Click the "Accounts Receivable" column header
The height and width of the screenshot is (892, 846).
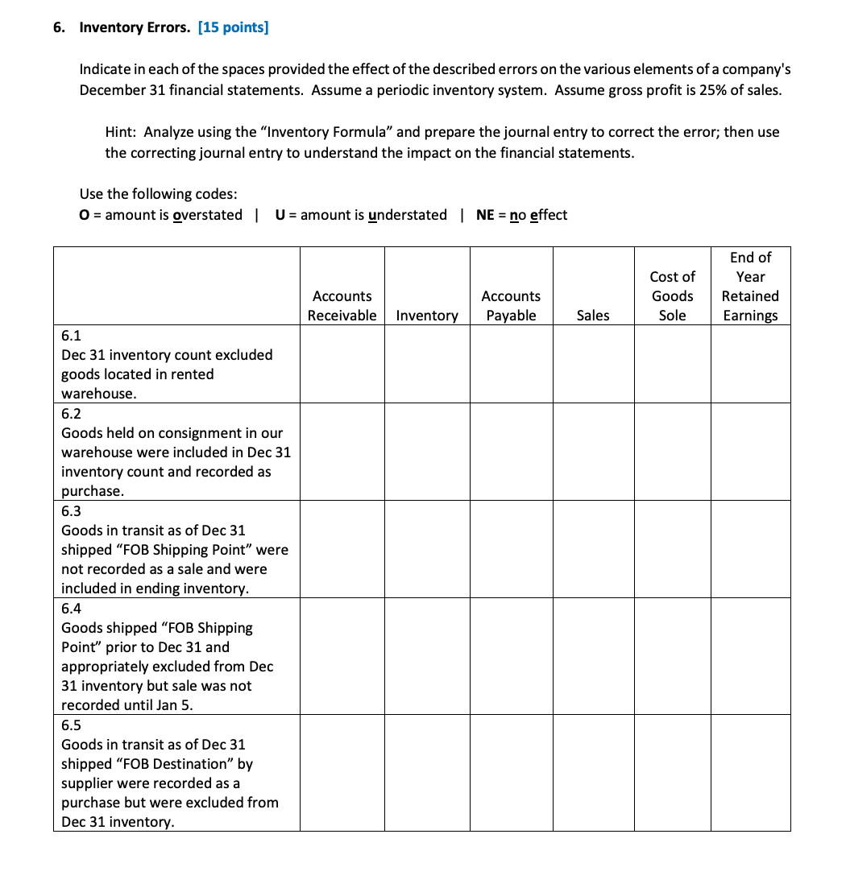tap(342, 306)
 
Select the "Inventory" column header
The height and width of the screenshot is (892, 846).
tap(427, 316)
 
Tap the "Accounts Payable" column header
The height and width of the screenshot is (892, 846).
tap(511, 306)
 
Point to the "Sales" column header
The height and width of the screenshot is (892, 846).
tap(593, 316)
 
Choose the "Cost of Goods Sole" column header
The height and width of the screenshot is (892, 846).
tap(672, 296)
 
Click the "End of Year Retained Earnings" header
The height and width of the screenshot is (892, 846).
tap(750, 287)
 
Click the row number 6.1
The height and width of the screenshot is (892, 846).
tap(71, 336)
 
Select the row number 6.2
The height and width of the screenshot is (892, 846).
tap(71, 414)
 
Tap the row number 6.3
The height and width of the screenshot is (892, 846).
tap(71, 511)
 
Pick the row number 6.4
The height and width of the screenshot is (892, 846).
tap(71, 609)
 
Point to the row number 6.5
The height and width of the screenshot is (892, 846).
tap(71, 725)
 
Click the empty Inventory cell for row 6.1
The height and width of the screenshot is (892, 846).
tap(427, 364)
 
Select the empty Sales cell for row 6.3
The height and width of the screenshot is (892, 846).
tap(593, 549)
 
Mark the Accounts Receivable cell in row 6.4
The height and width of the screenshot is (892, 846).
tap(342, 656)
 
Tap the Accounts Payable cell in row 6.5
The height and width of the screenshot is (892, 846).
tap(511, 773)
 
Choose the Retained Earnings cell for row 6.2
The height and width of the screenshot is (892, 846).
tap(750, 452)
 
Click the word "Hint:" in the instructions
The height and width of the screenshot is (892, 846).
tap(121, 132)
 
